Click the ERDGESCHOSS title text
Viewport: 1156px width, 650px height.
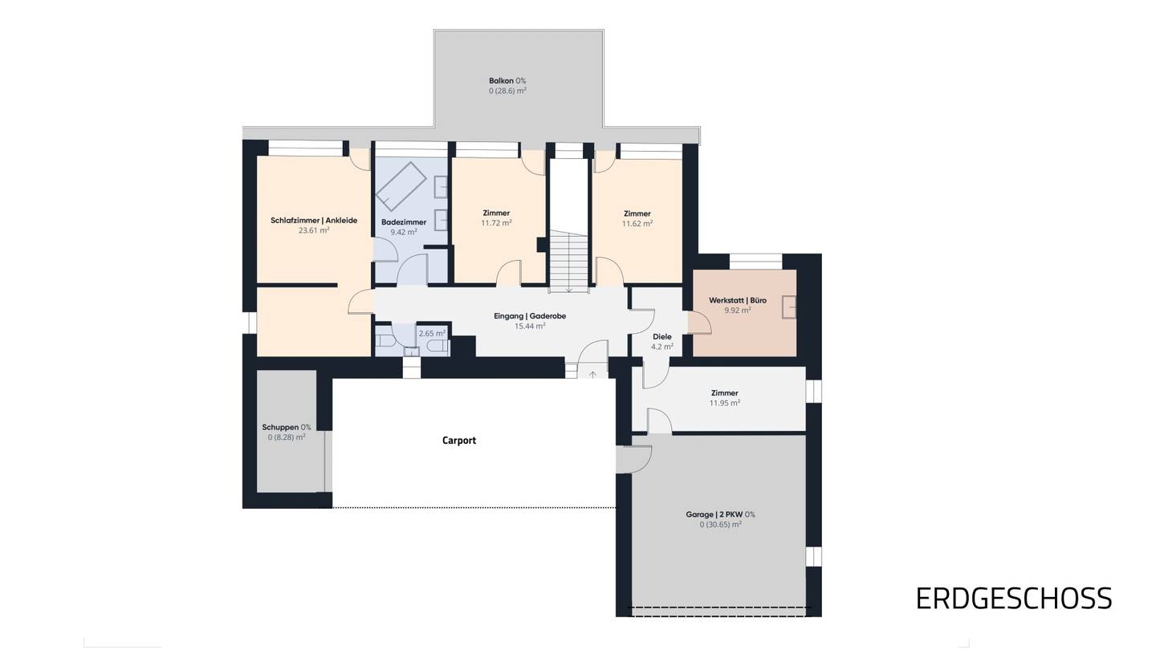pos(1014,599)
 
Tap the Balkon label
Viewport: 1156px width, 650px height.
pos(501,81)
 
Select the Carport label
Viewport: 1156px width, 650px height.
pos(459,441)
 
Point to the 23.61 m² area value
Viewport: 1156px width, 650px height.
pos(314,230)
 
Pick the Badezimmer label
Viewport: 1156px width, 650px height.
pos(404,222)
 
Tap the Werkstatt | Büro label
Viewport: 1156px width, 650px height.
pos(738,300)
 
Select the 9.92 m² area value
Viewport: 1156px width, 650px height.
pos(738,311)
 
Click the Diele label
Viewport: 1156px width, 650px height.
pos(662,337)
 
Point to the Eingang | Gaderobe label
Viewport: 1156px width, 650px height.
pos(530,316)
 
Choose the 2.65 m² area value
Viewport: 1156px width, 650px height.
pos(432,334)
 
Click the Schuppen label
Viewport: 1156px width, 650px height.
pos(280,427)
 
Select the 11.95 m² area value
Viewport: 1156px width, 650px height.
pos(725,404)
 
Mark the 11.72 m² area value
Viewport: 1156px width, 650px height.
pos(496,223)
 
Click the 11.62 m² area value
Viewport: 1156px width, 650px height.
pos(637,224)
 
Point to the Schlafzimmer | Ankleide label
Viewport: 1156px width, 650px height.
pos(314,220)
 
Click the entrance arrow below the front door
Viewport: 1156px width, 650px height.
pos(592,374)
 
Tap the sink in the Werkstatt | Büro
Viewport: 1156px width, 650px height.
pos(789,307)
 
